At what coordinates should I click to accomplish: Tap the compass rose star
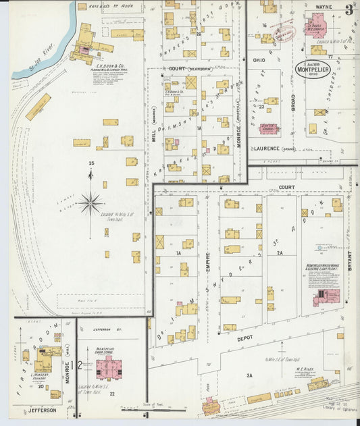coord(90,202)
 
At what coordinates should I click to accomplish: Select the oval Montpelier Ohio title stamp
coord(313,69)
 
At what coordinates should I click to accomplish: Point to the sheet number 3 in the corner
coord(349,9)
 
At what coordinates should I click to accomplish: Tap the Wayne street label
coord(324,7)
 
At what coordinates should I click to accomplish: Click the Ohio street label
coord(259,59)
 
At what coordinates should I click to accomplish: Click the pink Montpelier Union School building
coord(106,367)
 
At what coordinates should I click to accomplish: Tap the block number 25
coord(90,163)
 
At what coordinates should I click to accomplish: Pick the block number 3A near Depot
coord(249,375)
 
